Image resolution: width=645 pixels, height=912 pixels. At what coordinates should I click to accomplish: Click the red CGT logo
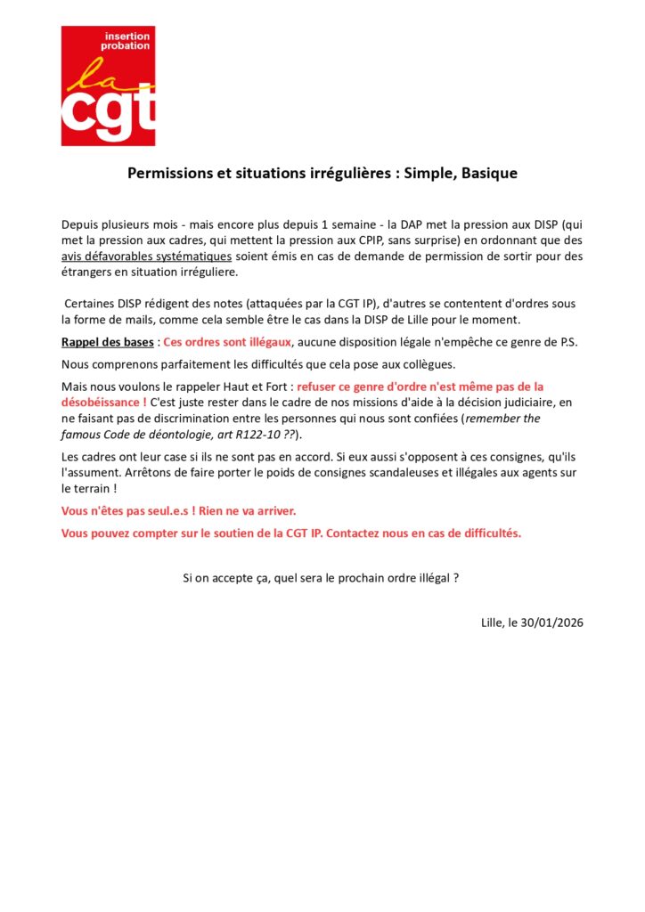pyautogui.click(x=108, y=85)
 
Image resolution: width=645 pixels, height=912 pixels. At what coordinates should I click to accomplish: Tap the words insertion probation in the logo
pyautogui.click(x=127, y=40)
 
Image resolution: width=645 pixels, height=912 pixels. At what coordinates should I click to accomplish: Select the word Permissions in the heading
pyautogui.click(x=171, y=173)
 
